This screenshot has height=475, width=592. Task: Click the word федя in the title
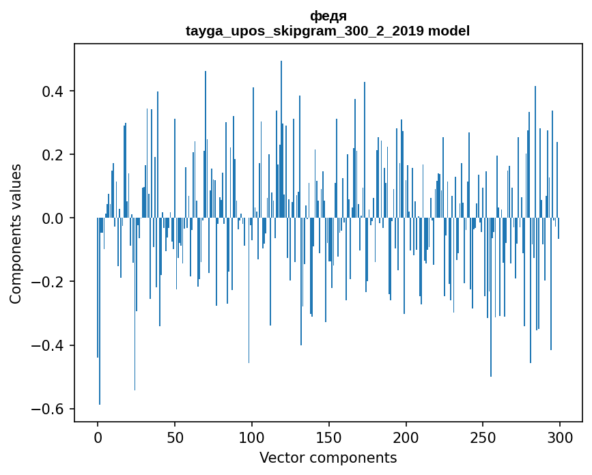(x=328, y=16)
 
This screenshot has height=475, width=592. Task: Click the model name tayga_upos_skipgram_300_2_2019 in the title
(x=305, y=31)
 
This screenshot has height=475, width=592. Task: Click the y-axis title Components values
(x=16, y=233)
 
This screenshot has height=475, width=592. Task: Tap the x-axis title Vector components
(x=328, y=458)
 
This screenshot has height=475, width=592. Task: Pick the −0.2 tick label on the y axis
(x=50, y=282)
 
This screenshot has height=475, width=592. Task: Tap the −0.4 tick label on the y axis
(x=50, y=345)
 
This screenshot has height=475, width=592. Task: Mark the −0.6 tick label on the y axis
(x=50, y=409)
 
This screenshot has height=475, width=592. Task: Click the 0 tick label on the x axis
(x=98, y=437)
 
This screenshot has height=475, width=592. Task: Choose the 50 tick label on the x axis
(x=175, y=437)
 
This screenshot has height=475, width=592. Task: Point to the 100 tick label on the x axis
(x=252, y=437)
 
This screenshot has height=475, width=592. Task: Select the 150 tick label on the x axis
(x=329, y=437)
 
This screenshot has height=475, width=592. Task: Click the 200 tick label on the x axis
(x=406, y=437)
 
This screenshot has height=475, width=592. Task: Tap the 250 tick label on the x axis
(x=483, y=437)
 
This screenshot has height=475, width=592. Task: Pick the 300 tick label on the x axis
(x=561, y=437)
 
